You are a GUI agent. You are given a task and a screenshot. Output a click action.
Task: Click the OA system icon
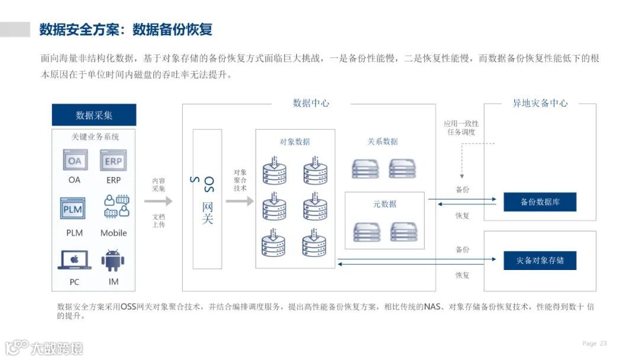(x=75, y=160)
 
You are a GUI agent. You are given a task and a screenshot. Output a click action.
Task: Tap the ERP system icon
(x=114, y=160)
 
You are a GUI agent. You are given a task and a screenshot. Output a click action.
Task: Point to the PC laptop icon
(x=75, y=260)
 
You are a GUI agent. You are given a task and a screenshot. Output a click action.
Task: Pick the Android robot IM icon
(x=113, y=261)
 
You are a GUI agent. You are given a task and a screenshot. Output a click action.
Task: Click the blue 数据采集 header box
(x=94, y=115)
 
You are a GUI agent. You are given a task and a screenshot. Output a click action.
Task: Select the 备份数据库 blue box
(x=540, y=202)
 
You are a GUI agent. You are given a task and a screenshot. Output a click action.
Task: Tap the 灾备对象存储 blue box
(x=540, y=261)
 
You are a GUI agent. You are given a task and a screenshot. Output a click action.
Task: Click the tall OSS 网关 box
(x=208, y=199)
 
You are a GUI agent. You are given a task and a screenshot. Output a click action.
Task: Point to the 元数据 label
(x=385, y=204)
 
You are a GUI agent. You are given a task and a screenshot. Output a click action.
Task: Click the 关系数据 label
(x=382, y=142)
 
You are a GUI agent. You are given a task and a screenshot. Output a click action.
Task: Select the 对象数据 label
(x=295, y=142)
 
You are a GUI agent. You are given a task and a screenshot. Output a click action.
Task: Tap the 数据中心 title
(x=311, y=103)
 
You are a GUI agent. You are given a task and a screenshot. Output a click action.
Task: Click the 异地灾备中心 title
(x=540, y=103)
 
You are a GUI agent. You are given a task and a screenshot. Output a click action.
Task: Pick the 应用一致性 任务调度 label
(x=461, y=128)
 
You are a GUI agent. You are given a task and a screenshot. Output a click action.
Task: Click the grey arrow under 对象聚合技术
(x=239, y=201)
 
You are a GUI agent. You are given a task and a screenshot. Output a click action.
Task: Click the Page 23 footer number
(x=595, y=343)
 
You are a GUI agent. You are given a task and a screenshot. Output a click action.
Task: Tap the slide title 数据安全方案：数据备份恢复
(x=126, y=30)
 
